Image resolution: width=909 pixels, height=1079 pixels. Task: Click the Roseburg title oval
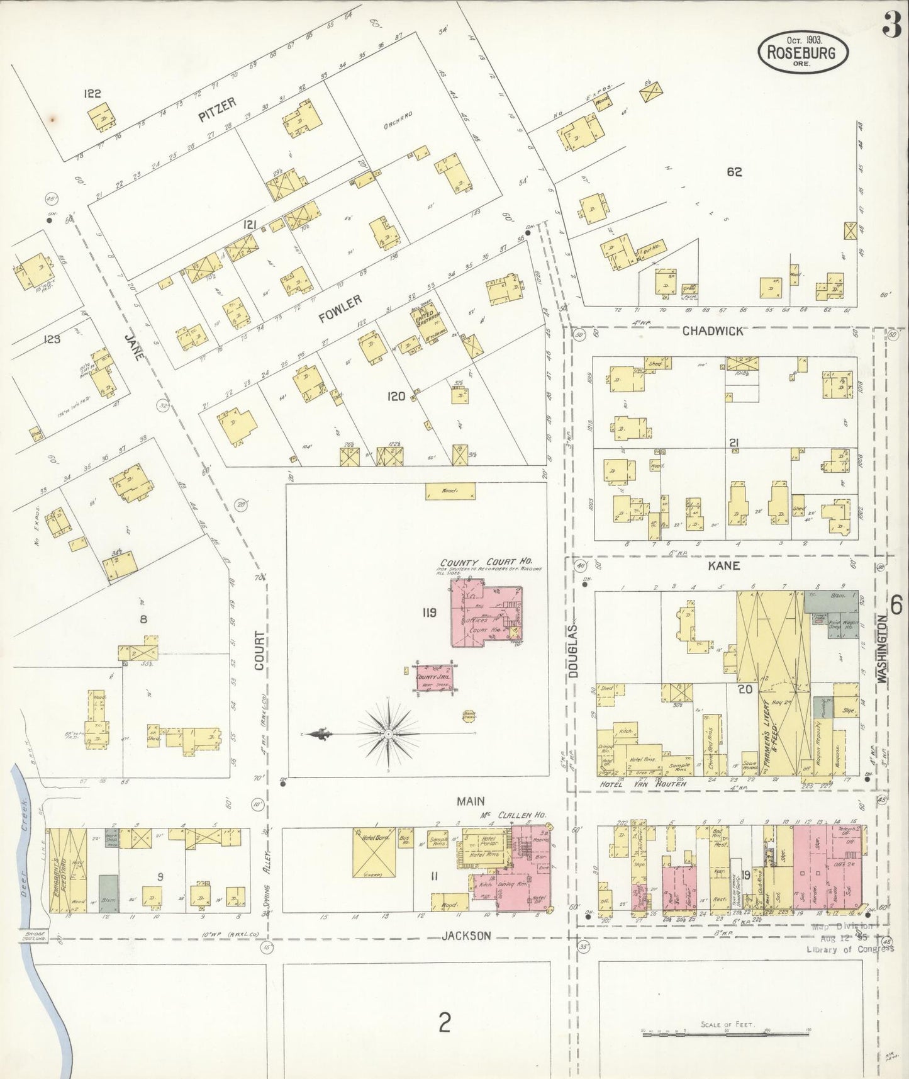(803, 52)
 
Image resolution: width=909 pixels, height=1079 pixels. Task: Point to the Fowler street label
(340, 309)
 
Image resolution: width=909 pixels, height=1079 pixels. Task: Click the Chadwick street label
(713, 331)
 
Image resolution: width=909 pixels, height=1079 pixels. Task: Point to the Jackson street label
(466, 935)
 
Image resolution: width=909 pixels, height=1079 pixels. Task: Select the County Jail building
(433, 677)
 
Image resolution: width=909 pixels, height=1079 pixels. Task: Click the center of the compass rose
(389, 734)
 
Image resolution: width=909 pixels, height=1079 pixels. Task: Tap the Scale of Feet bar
(725, 1033)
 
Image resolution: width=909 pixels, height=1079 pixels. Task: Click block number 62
(734, 171)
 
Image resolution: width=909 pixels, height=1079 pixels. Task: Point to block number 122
(92, 94)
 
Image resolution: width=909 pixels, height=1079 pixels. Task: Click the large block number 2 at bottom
(445, 1023)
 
